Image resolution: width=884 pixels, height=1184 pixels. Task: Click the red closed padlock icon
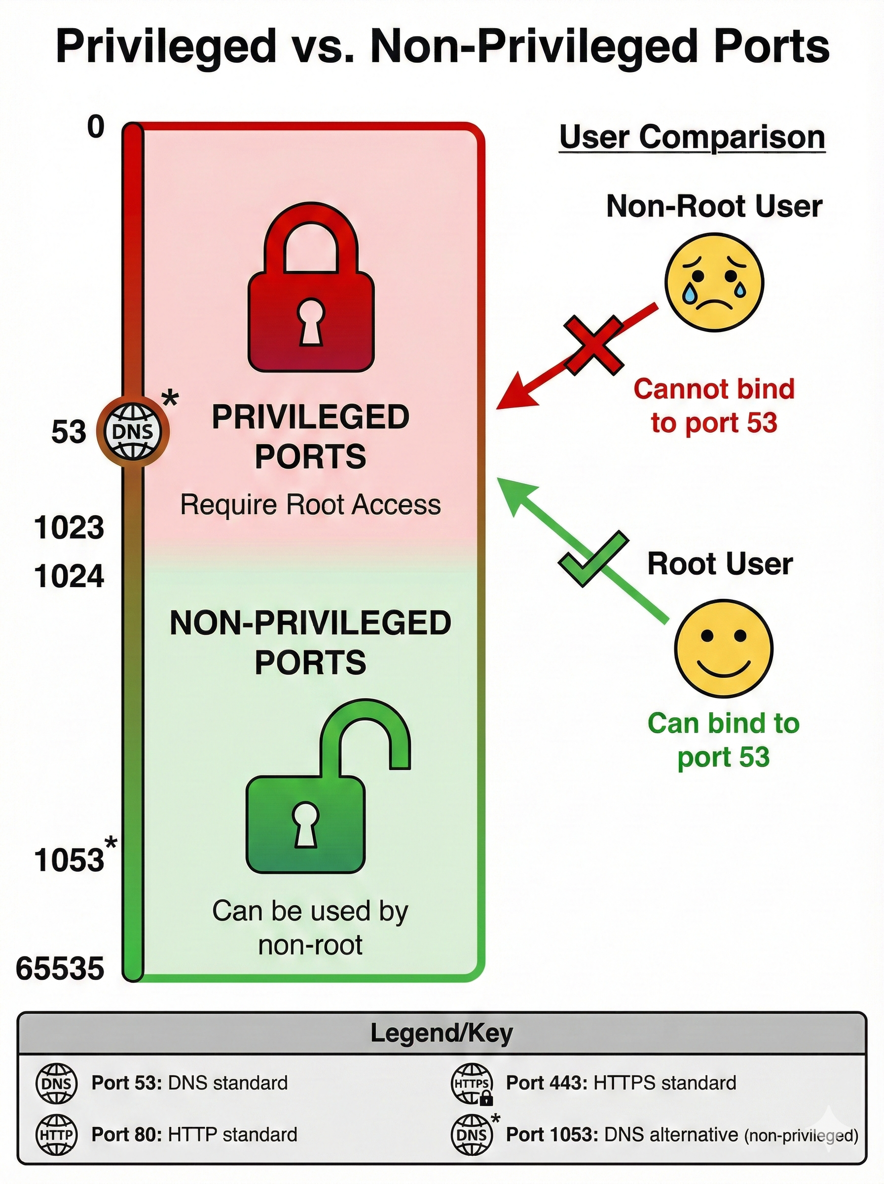pyautogui.click(x=310, y=292)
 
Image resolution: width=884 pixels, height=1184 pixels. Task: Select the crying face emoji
pyautogui.click(x=714, y=282)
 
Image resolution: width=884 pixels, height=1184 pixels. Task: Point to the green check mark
pyautogui.click(x=592, y=558)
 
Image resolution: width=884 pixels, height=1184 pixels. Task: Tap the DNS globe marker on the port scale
pyautogui.click(x=132, y=431)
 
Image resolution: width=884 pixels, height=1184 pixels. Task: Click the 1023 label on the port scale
pyautogui.click(x=69, y=528)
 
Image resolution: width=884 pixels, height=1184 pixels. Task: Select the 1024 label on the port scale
pyautogui.click(x=69, y=577)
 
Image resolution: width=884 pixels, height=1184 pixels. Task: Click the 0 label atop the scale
pyautogui.click(x=96, y=127)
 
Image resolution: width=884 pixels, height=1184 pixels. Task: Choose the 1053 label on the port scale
pyautogui.click(x=69, y=860)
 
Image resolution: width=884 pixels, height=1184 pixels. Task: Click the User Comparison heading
pyautogui.click(x=692, y=138)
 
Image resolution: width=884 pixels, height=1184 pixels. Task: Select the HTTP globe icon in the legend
pyautogui.click(x=56, y=1135)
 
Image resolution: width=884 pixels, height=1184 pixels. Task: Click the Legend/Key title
pyautogui.click(x=442, y=1033)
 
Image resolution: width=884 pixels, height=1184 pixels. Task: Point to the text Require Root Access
pyautogui.click(x=310, y=505)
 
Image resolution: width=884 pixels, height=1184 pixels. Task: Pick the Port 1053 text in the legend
pyautogui.click(x=552, y=1135)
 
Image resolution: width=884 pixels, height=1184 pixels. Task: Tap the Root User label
pyautogui.click(x=720, y=564)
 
